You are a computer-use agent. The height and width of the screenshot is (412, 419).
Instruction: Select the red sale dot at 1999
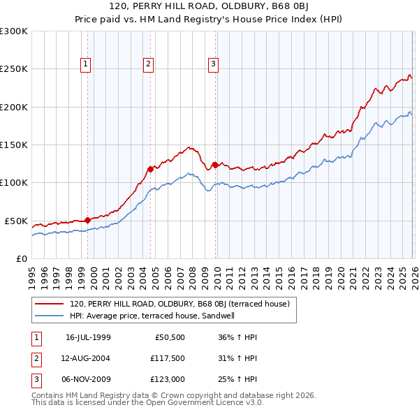pos(87,220)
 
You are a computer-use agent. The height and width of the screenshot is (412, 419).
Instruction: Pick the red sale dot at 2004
pos(150,169)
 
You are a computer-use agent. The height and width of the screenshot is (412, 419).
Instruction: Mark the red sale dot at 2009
pos(215,165)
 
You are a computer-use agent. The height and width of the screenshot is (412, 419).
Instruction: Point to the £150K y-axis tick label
pos(13,145)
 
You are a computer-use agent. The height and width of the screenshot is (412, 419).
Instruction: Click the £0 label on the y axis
pos(21,258)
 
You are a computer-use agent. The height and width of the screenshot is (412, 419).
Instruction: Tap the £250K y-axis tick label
pos(13,69)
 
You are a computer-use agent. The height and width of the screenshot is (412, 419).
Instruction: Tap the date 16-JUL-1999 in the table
pos(88,338)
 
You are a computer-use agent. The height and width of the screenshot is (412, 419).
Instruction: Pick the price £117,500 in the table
pos(167,359)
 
